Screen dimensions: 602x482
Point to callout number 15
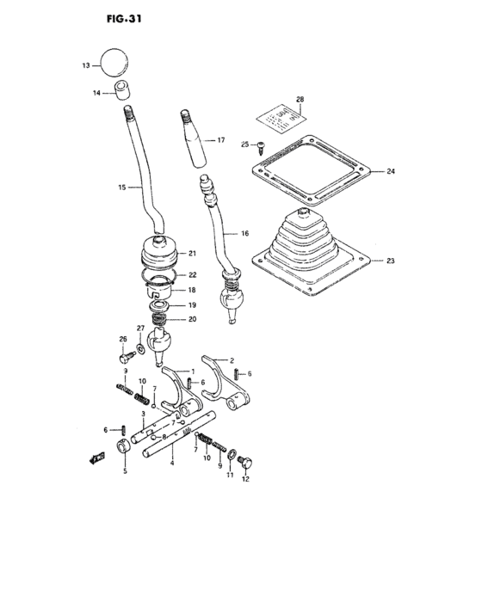122,186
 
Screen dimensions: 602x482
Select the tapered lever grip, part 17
195,138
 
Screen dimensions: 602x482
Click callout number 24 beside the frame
390,171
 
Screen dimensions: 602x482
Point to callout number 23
390,260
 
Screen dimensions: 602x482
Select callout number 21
192,253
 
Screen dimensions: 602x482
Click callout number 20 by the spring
192,319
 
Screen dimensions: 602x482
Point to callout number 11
229,475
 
